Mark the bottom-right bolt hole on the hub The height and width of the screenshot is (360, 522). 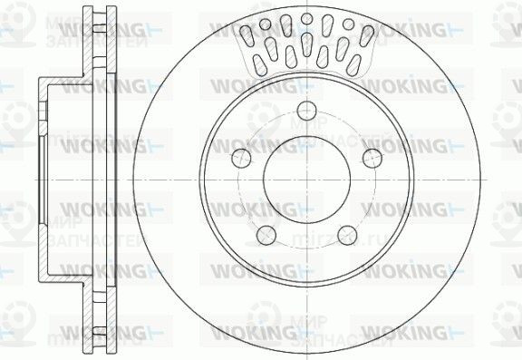coord(345,235)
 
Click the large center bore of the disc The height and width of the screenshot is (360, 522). coord(305,177)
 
